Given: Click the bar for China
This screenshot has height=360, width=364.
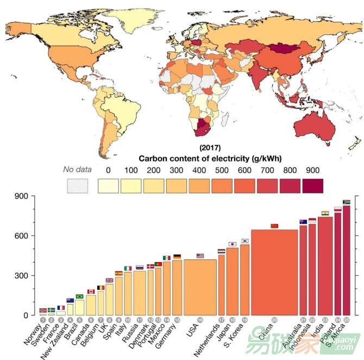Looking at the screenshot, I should click(274, 272).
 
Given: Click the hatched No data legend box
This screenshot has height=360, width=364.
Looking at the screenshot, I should click(77, 185).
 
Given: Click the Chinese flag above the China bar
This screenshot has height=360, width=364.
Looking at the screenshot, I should click(274, 226).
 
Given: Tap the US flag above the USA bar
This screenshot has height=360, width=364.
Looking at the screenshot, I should click(200, 256).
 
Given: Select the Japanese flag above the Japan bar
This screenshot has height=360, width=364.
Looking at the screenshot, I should click(233, 244).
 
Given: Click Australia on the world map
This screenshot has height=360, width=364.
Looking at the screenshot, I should click(321, 115).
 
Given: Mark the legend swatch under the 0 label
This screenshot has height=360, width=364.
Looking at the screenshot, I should click(108, 185).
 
